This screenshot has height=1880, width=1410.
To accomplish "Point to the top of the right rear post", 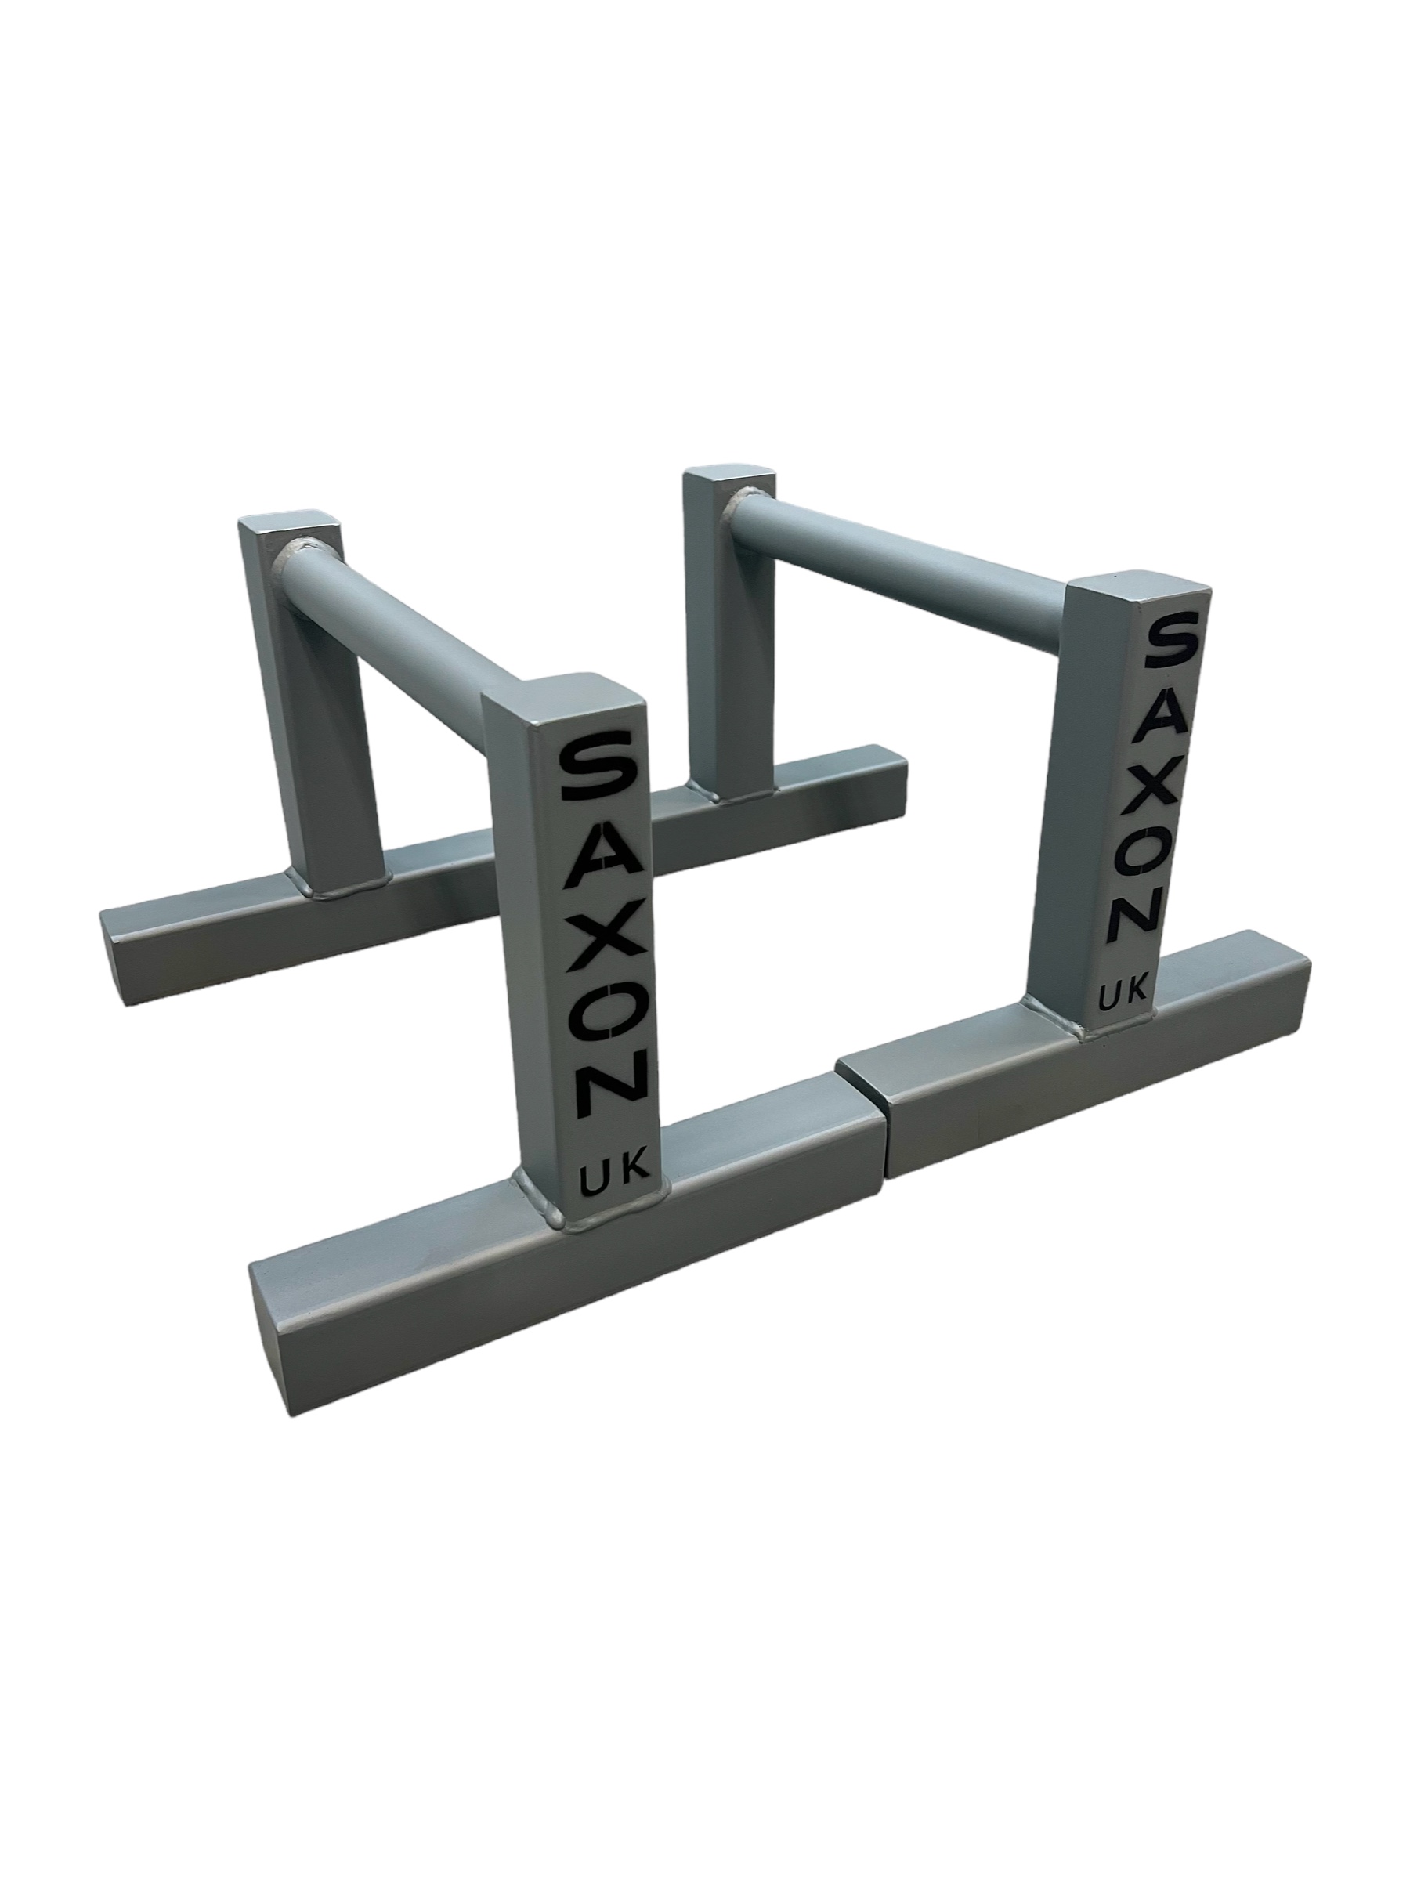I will tap(729, 479).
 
